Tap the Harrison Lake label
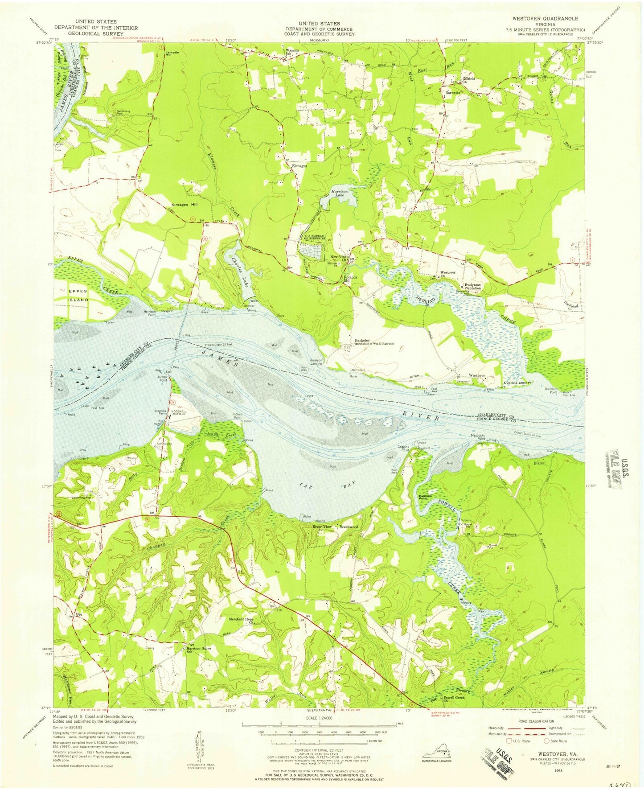340,193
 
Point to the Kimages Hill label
185,205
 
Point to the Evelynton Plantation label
473,286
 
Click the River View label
323,527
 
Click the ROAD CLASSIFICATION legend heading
537,721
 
